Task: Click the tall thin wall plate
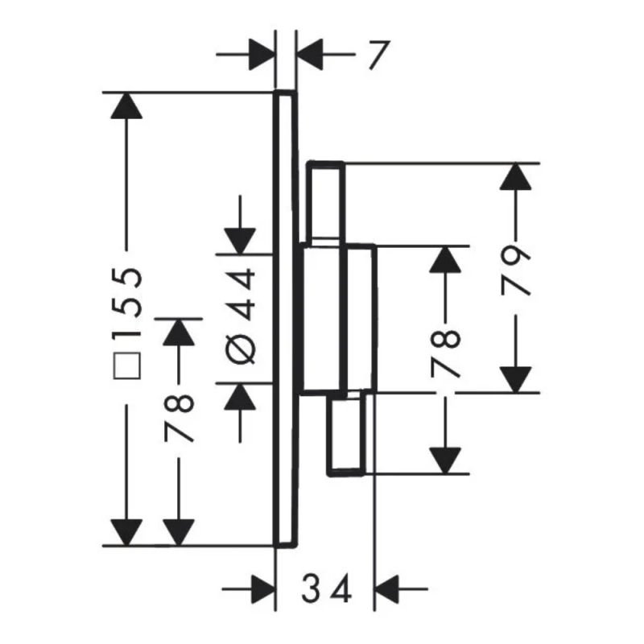pyautogui.click(x=284, y=319)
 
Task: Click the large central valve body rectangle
pyautogui.click(x=338, y=319)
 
